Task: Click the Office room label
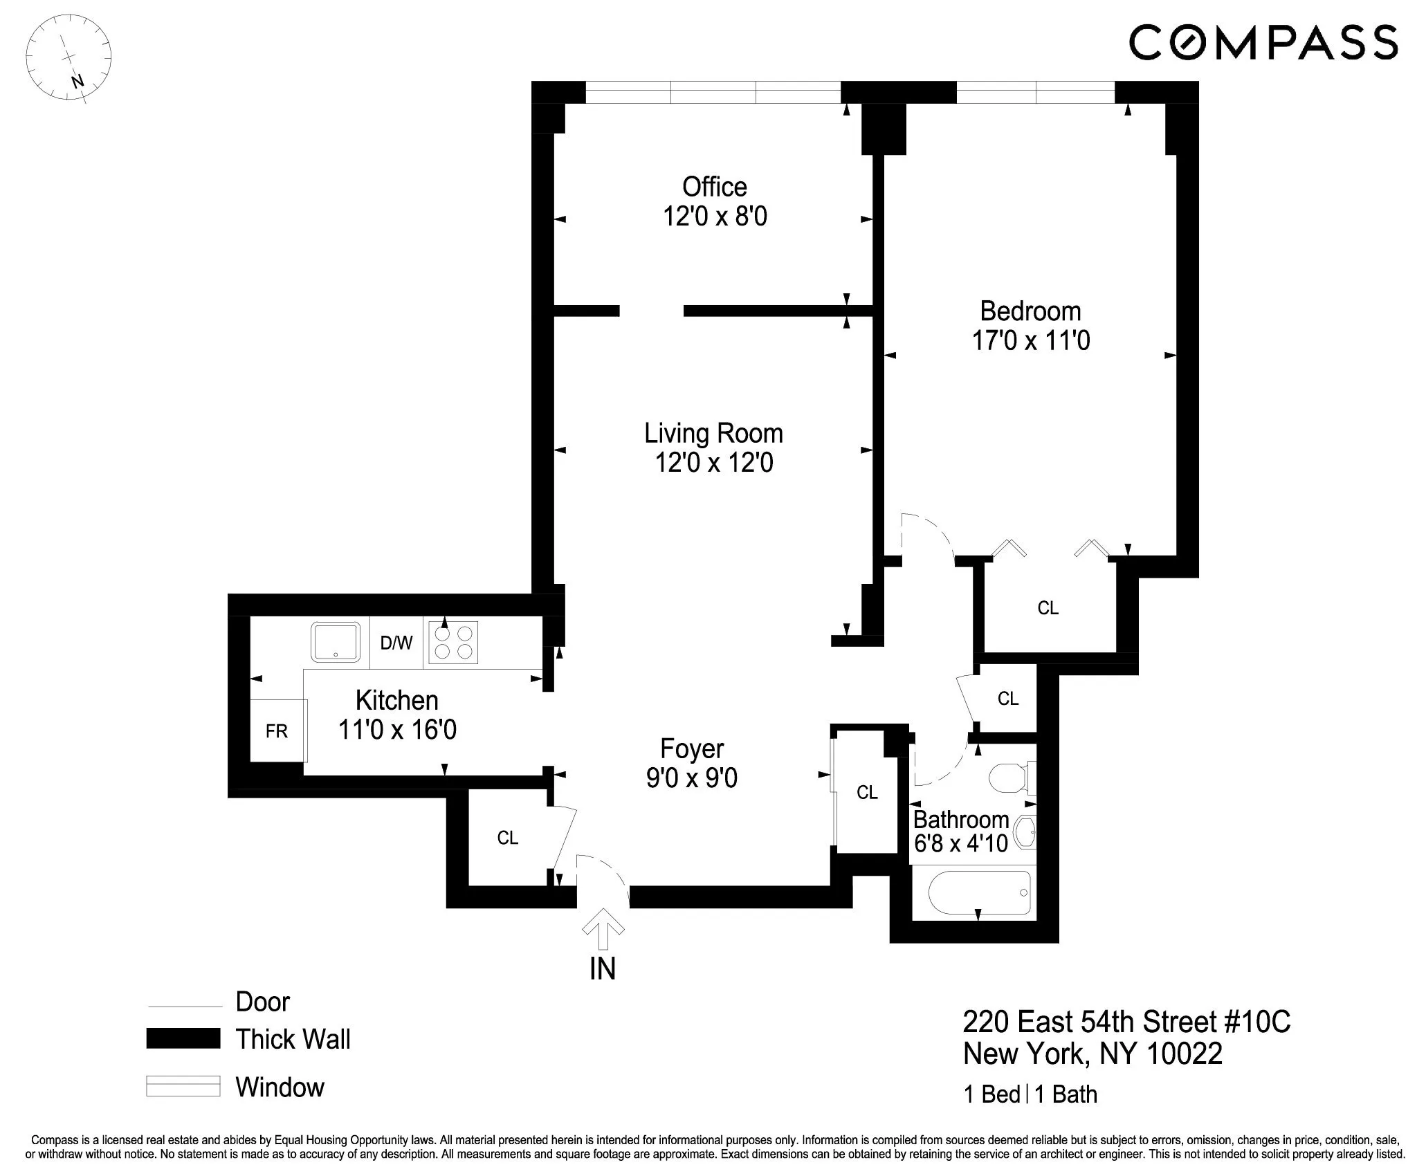pos(714,187)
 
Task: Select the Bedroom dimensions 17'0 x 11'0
pos(1030,341)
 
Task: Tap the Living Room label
pos(713,434)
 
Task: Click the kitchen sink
pos(336,642)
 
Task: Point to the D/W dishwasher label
pos(396,643)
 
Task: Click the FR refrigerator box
pos(277,731)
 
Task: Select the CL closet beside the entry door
pos(507,838)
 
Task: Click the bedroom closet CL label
pos(1048,608)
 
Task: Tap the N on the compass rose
pos(77,81)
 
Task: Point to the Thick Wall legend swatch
pos(183,1038)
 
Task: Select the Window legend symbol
pos(183,1086)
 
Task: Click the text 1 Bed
pos(991,1094)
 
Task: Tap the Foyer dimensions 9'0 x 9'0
pos(691,778)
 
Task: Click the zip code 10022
pos(1185,1054)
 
